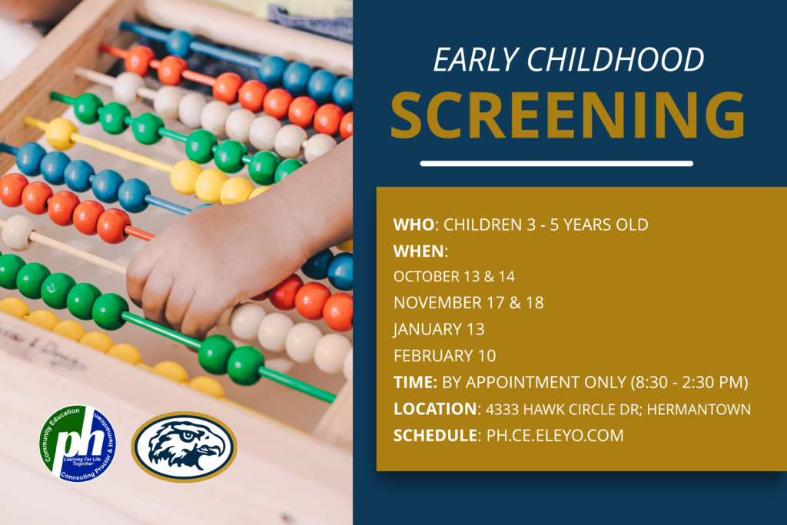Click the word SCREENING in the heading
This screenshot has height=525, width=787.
coord(568,115)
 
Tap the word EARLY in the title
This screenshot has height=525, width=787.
coord(476,59)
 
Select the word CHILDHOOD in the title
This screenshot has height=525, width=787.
coord(616,59)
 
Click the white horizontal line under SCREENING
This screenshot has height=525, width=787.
coord(556,164)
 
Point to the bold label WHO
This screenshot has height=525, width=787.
coord(413,224)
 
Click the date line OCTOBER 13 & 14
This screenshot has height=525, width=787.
coord(454,277)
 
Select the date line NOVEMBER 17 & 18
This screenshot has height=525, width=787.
coord(469,303)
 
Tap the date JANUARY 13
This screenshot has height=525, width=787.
coord(439,329)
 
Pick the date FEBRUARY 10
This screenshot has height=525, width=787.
coord(445,356)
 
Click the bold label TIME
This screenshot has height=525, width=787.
coord(414,383)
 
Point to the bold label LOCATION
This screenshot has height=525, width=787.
coord(435,409)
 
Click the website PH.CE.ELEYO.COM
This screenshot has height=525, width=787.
coord(555,435)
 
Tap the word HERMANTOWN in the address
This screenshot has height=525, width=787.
coord(699,409)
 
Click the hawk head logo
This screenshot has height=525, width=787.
coord(184,447)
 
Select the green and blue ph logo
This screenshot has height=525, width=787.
coord(78,444)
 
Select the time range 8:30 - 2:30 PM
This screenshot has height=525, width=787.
coord(689,383)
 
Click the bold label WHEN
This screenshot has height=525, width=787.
coord(419,251)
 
